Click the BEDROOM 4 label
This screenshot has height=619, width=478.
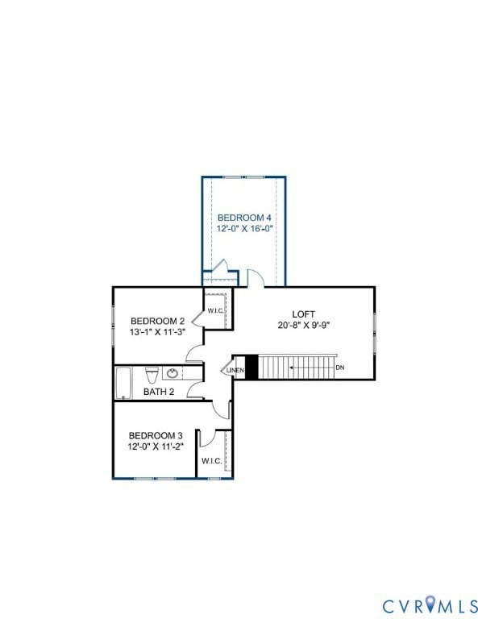[244, 218]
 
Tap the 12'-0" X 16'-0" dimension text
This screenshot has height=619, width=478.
[244, 229]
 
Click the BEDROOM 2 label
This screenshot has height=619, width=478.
[158, 320]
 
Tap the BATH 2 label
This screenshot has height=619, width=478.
[159, 392]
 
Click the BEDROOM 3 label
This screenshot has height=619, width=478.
[156, 435]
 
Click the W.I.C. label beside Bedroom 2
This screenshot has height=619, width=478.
[215, 310]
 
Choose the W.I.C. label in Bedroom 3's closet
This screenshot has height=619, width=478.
[211, 461]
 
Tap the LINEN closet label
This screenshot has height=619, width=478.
[235, 370]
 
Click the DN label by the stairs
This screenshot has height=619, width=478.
[340, 368]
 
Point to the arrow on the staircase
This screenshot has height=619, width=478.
[298, 368]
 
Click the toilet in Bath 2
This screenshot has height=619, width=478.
[151, 376]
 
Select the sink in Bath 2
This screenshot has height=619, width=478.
[172, 373]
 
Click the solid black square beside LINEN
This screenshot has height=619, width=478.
[251, 368]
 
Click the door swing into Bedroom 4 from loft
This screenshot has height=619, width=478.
[256, 277]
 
